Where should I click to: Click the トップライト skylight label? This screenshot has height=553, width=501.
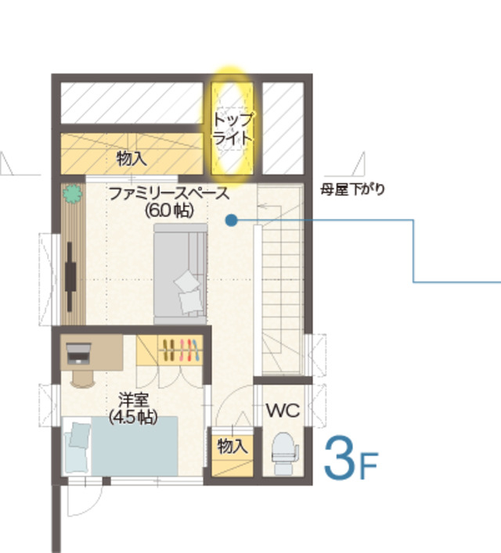click(232, 128)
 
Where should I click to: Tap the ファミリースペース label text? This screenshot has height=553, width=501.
click(169, 194)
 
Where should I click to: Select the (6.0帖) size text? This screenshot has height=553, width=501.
click(169, 210)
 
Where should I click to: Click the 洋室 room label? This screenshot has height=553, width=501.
click(133, 400)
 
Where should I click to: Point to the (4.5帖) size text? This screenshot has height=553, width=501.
click(133, 417)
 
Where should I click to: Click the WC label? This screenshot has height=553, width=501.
click(283, 411)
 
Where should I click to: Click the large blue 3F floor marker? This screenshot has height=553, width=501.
click(351, 458)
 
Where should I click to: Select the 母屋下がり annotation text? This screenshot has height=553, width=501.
click(352, 190)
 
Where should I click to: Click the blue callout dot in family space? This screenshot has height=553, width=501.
click(231, 220)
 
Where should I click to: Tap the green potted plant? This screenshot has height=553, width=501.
click(73, 194)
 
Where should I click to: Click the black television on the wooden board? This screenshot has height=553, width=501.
click(71, 276)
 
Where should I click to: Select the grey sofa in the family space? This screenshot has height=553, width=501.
click(180, 274)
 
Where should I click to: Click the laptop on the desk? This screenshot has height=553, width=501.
click(78, 354)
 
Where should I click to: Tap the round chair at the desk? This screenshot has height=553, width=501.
click(83, 379)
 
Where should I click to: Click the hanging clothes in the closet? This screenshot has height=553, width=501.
click(181, 350)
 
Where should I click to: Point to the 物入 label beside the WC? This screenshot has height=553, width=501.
click(232, 446)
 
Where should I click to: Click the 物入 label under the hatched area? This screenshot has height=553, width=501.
click(132, 158)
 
